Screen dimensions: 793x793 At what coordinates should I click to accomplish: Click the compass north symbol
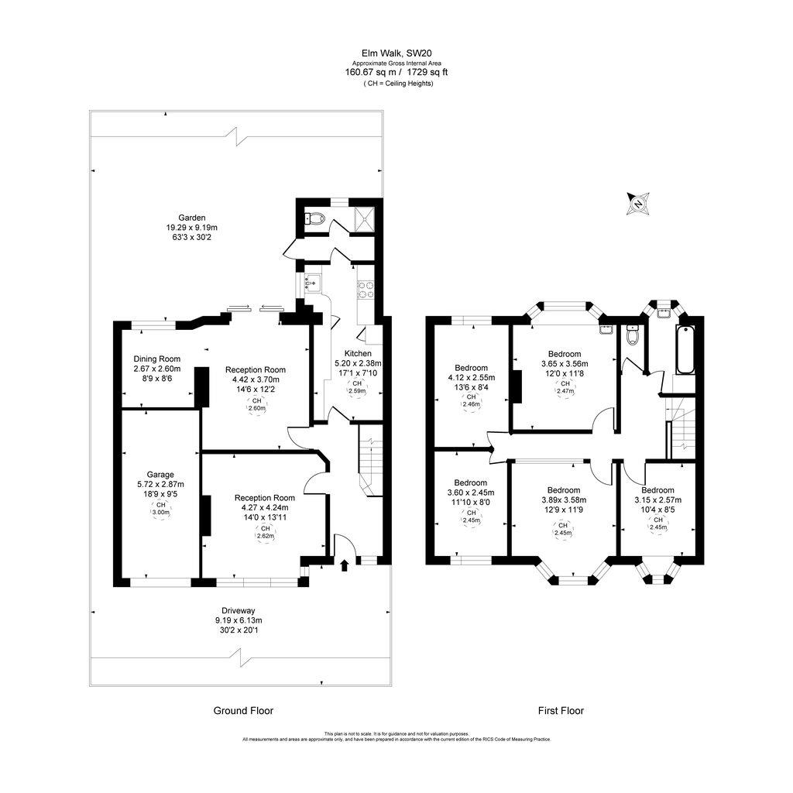point(638,204)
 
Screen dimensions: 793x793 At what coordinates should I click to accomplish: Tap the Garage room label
point(161,475)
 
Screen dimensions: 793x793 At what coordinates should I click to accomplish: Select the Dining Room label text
point(156,359)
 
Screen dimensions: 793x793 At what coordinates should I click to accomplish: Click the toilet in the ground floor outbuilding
point(314,219)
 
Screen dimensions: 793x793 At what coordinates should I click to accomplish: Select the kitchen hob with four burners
point(365,290)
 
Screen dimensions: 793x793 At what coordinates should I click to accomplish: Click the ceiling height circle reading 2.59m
point(357,387)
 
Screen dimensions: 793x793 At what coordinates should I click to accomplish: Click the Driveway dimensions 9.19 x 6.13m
point(238,620)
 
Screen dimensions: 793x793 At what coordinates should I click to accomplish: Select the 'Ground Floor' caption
point(243,710)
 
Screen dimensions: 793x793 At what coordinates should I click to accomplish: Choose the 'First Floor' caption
point(561,710)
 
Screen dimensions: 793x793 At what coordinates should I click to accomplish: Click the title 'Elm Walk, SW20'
point(396,53)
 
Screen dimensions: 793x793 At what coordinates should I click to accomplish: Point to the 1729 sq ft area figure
point(425,72)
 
